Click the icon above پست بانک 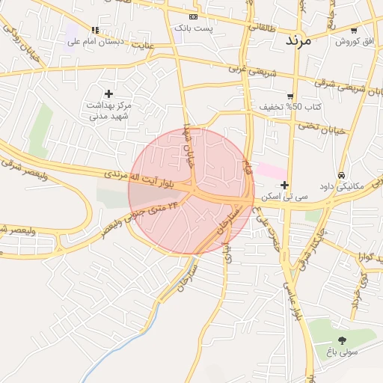click(194, 16)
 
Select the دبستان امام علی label click(94, 41)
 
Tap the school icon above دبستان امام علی click(95, 30)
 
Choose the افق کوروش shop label click(354, 41)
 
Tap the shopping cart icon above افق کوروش click(354, 30)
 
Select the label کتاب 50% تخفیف click(290, 107)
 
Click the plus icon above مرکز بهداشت click(109, 94)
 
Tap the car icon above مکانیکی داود click(342, 174)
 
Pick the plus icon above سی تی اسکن click(284, 185)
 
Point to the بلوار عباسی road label click(289, 294)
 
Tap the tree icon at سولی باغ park click(342, 340)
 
